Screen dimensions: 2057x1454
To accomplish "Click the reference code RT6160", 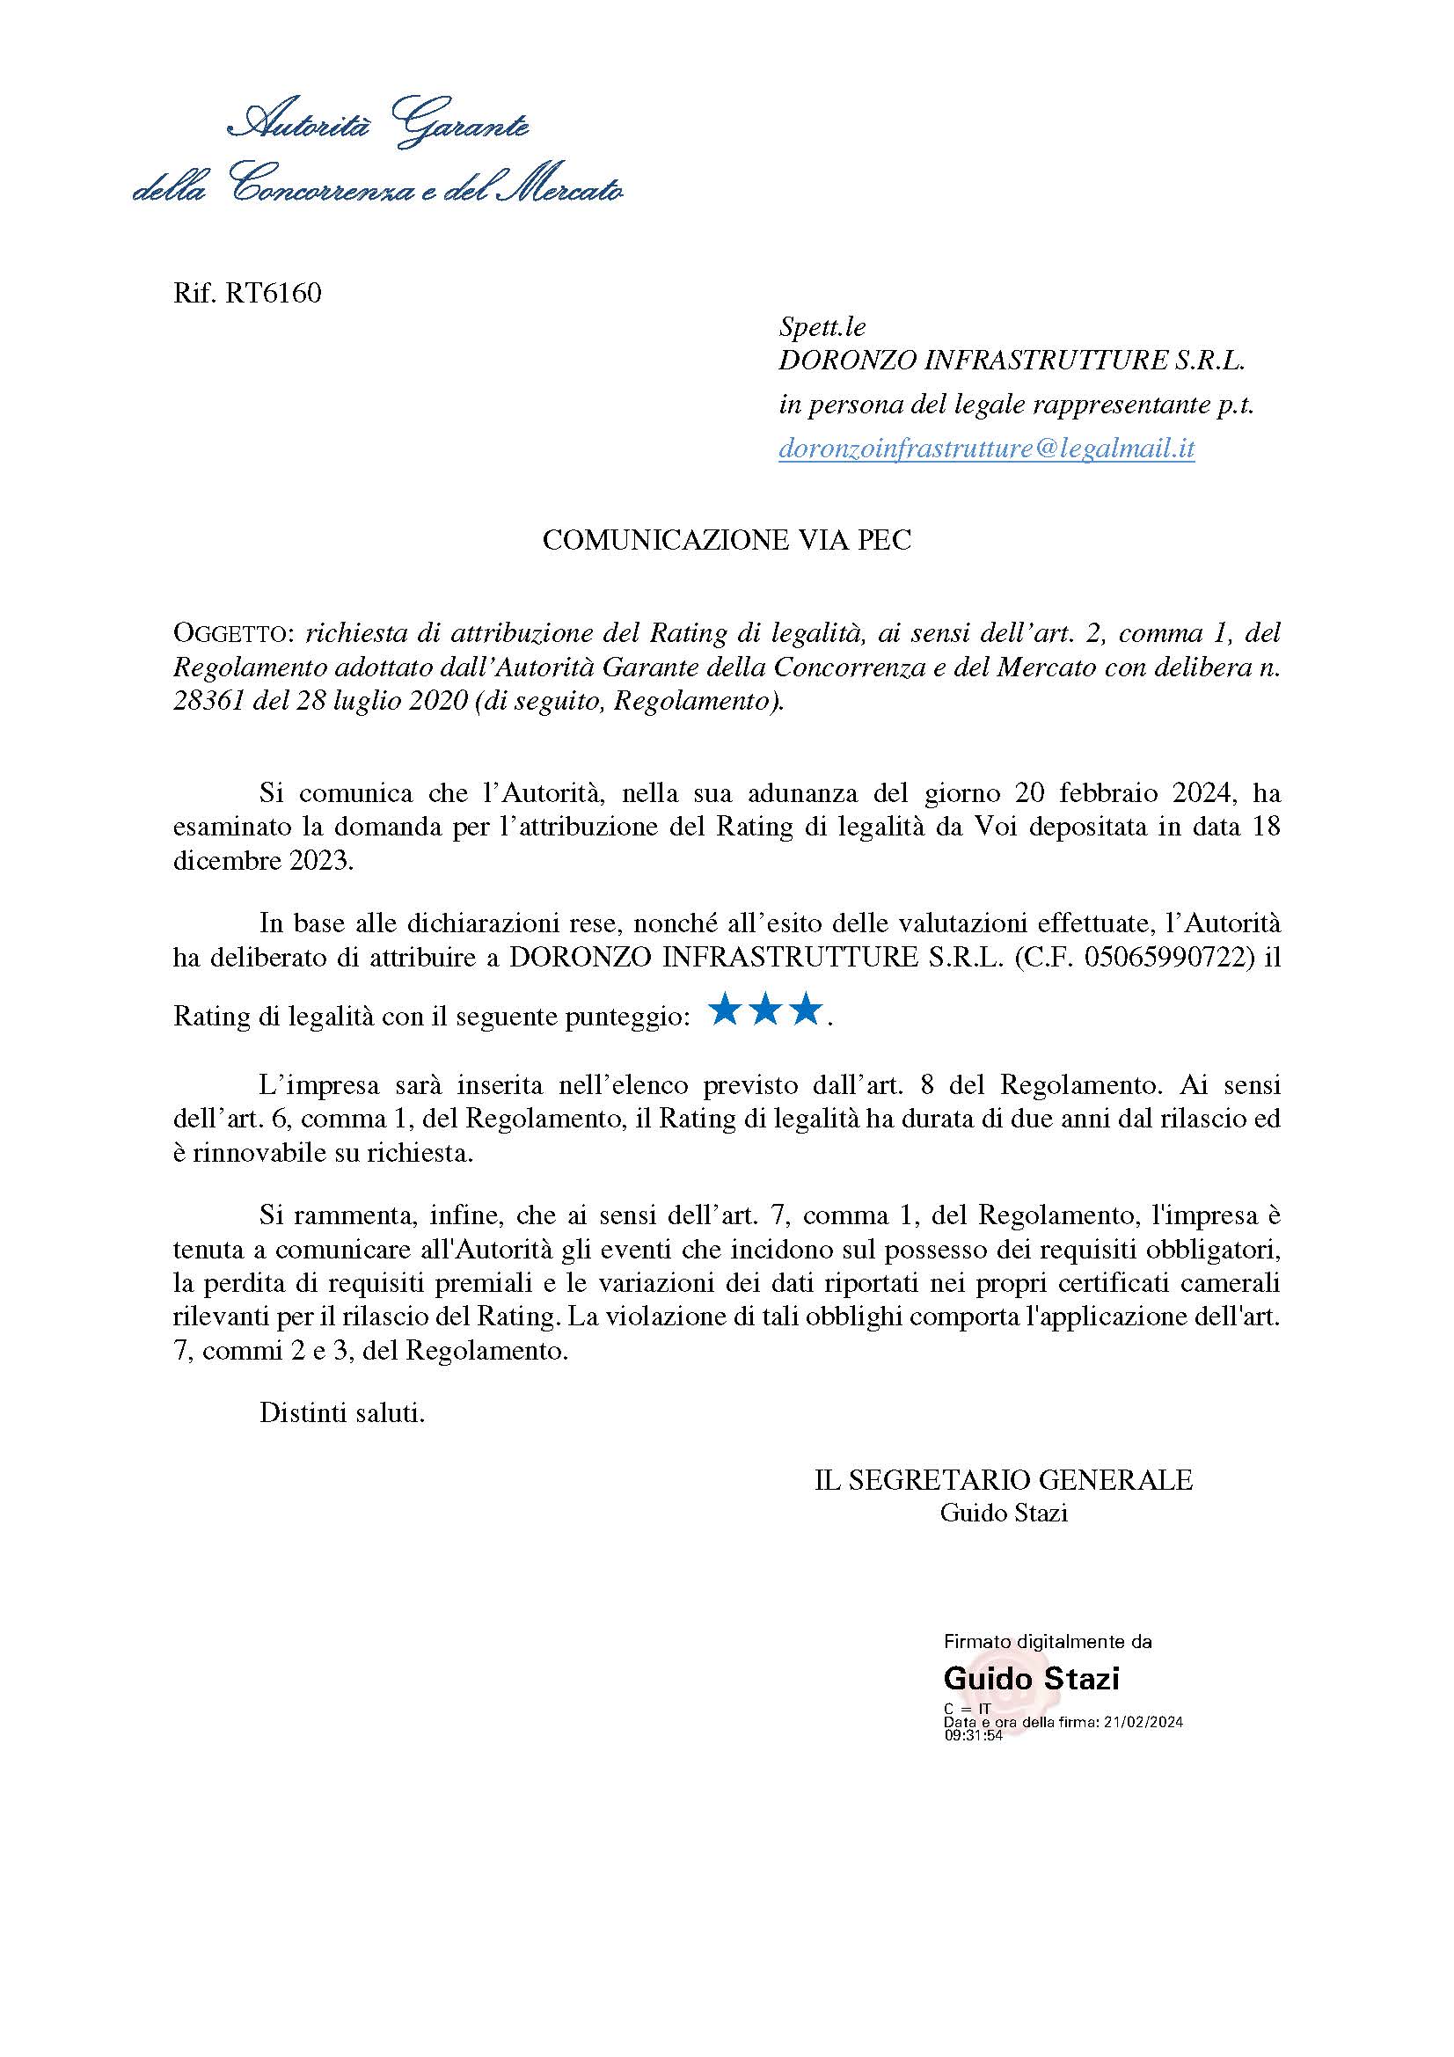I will [274, 293].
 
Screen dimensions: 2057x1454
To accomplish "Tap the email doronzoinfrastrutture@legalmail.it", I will [986, 449].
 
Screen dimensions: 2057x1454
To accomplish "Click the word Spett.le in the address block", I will [822, 327].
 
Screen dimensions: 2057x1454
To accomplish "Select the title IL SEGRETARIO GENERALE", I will [1004, 1480].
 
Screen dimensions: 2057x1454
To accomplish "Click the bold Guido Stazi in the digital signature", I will [1031, 1678].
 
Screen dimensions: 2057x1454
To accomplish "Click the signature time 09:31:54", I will [973, 1735].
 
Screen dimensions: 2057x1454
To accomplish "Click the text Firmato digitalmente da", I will [1048, 1642].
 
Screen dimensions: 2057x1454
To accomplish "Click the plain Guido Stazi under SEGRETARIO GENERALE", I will [1004, 1514].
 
